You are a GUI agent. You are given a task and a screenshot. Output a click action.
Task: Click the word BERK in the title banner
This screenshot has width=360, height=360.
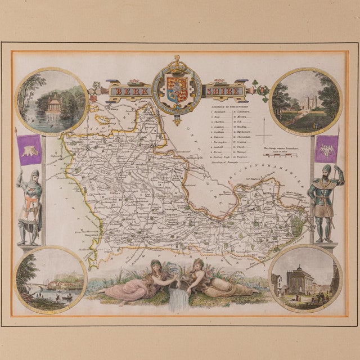[131, 90]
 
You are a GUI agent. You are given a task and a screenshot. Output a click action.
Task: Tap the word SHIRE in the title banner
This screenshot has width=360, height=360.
[224, 90]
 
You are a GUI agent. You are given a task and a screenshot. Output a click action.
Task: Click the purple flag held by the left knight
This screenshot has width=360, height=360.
[30, 150]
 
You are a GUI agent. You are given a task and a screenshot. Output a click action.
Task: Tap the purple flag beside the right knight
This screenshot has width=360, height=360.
[327, 149]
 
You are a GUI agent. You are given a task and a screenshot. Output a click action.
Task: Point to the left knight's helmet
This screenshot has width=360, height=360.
[34, 174]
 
